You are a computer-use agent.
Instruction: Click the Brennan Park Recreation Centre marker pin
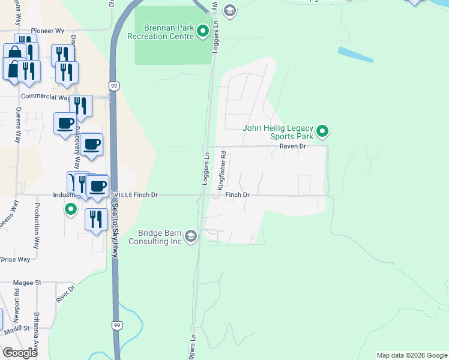pos(203,30)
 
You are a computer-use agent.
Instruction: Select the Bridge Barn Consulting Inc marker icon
pos(191,236)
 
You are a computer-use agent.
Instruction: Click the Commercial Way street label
pos(45,97)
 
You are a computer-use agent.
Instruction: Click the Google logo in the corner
pos(20,353)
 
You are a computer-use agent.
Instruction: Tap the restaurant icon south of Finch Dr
pos(96,220)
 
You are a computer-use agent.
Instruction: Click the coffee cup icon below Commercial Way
pos(65,124)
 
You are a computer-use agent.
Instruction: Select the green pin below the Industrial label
pos(71,210)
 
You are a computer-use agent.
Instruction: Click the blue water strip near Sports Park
pos(355,55)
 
